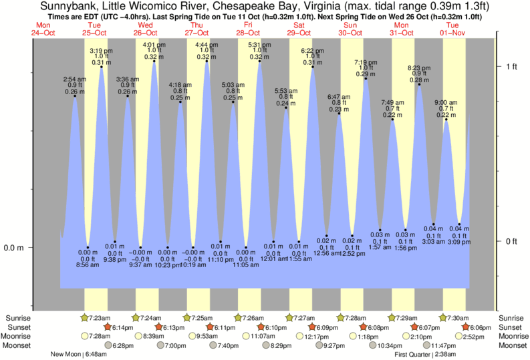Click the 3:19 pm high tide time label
point(101,51)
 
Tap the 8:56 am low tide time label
point(88,265)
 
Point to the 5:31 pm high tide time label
point(259,45)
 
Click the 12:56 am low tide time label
point(327,253)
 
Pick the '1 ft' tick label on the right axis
point(513,66)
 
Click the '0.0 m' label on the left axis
point(15,248)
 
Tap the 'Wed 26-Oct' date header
point(144,29)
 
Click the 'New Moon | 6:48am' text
point(82,354)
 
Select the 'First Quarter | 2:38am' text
point(425,354)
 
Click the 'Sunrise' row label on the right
point(513,318)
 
